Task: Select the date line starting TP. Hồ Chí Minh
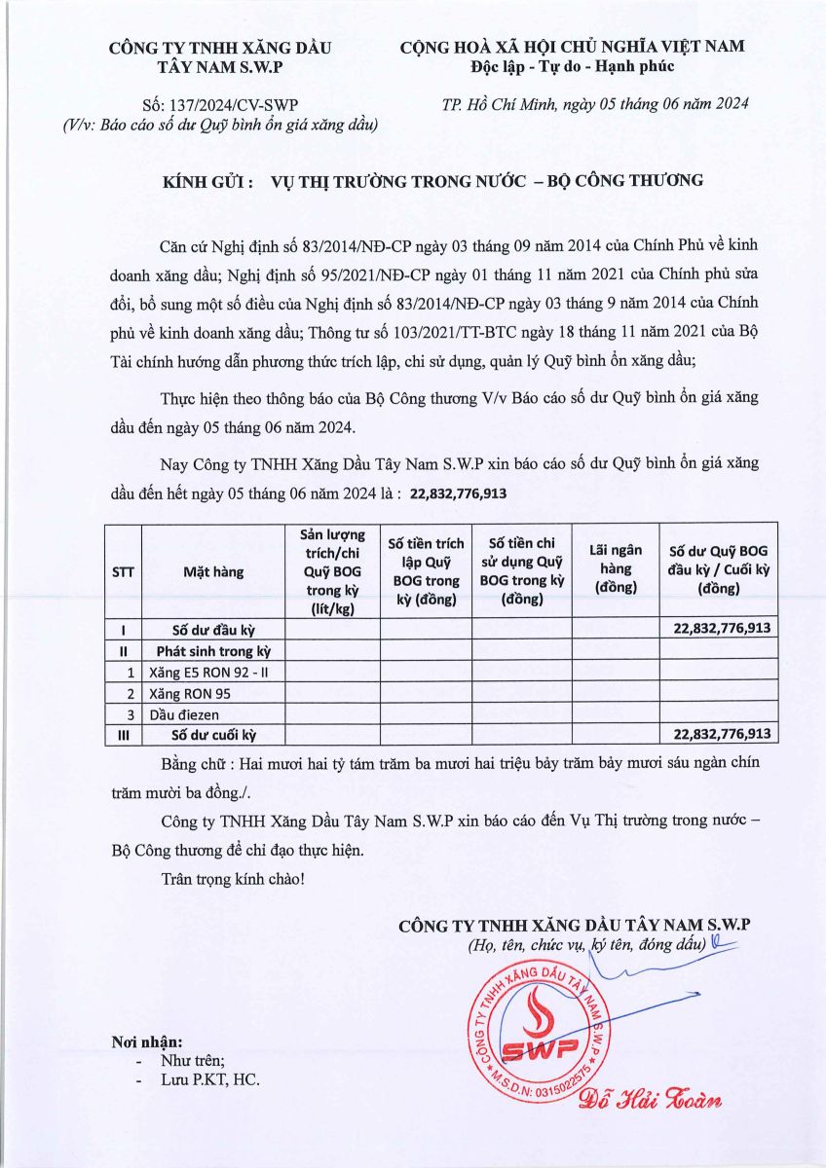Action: (x=595, y=105)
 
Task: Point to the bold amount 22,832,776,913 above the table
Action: (x=459, y=494)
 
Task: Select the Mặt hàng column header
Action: (x=213, y=572)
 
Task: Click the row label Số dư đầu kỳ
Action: (x=213, y=629)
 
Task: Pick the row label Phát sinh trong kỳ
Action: (x=213, y=651)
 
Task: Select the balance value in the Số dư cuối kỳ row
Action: (x=722, y=734)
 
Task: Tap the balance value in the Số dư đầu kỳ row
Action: (x=722, y=629)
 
